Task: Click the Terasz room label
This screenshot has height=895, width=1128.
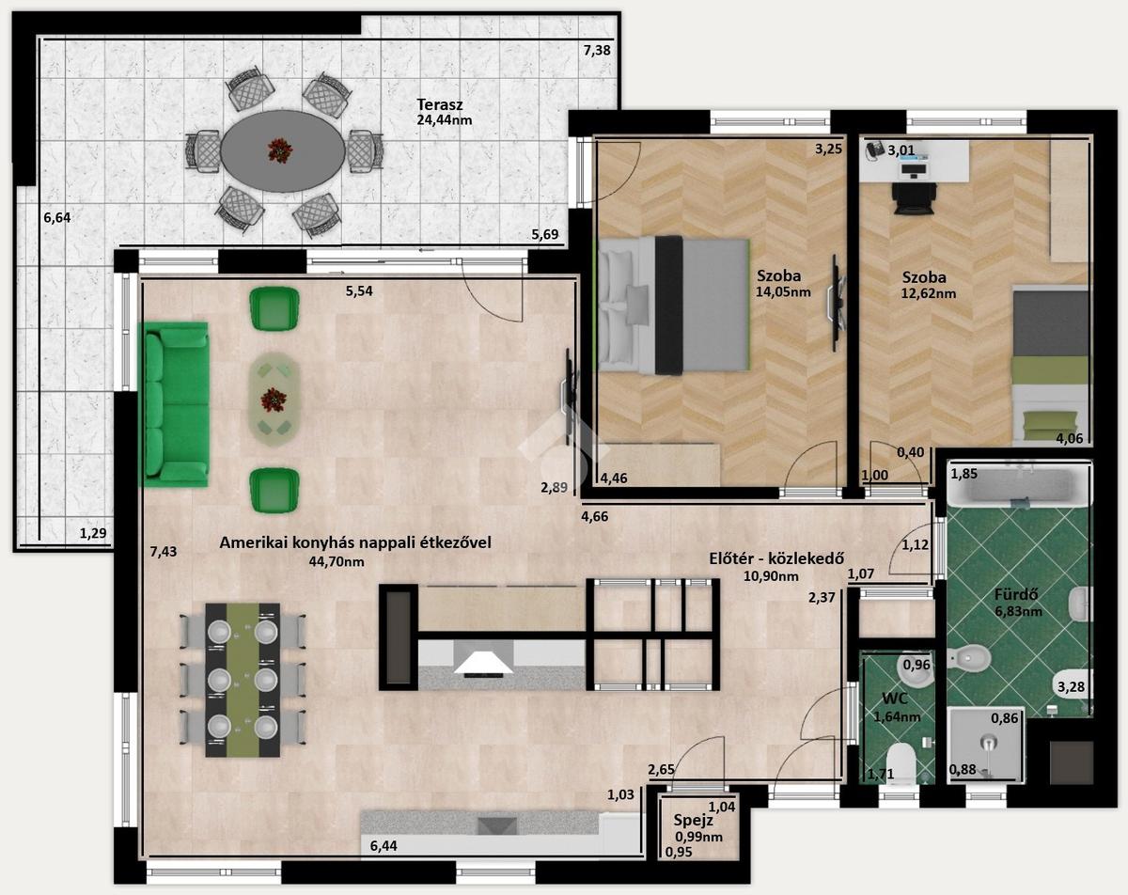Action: pyautogui.click(x=439, y=104)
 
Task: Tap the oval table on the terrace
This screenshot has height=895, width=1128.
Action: pyautogui.click(x=283, y=151)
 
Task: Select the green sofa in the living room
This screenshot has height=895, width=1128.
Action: pyautogui.click(x=174, y=404)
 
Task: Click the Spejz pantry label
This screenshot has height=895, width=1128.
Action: pyautogui.click(x=693, y=820)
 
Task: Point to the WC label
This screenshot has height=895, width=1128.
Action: pyautogui.click(x=895, y=699)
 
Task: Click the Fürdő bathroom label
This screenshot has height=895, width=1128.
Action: pyautogui.click(x=1016, y=594)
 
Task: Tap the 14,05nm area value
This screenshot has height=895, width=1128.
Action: pyautogui.click(x=783, y=292)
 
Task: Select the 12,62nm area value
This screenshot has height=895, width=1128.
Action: pyautogui.click(x=929, y=293)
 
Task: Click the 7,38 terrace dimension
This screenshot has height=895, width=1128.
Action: pyautogui.click(x=597, y=51)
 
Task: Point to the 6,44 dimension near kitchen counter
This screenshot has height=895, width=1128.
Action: pyautogui.click(x=384, y=846)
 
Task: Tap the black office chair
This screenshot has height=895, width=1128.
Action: pyautogui.click(x=914, y=198)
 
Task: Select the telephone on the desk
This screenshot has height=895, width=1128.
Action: pyautogui.click(x=875, y=150)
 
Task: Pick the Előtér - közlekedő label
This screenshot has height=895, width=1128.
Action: pyautogui.click(x=776, y=558)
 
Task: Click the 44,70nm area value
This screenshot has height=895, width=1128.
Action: pyautogui.click(x=337, y=561)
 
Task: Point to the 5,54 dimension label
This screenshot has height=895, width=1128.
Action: pyautogui.click(x=359, y=291)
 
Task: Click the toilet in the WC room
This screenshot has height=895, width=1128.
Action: pyautogui.click(x=901, y=762)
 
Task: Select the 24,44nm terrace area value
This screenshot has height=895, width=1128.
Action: pyautogui.click(x=445, y=120)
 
